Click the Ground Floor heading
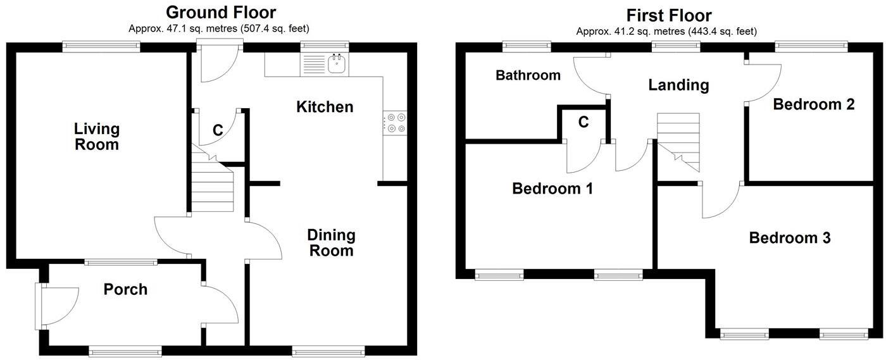pos(221,12)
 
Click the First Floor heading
pos(669,15)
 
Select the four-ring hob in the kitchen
pos(396,123)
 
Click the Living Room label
pos(97,137)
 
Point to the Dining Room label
pos(331,243)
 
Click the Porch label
pos(125,289)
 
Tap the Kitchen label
pos(325,107)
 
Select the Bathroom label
pos(528,76)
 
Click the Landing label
pos(678,85)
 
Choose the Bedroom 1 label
pos(552,189)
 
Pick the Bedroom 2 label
pos(814,104)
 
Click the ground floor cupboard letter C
pos(217,131)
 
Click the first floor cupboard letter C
pos(583,122)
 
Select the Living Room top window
pos(101,46)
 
